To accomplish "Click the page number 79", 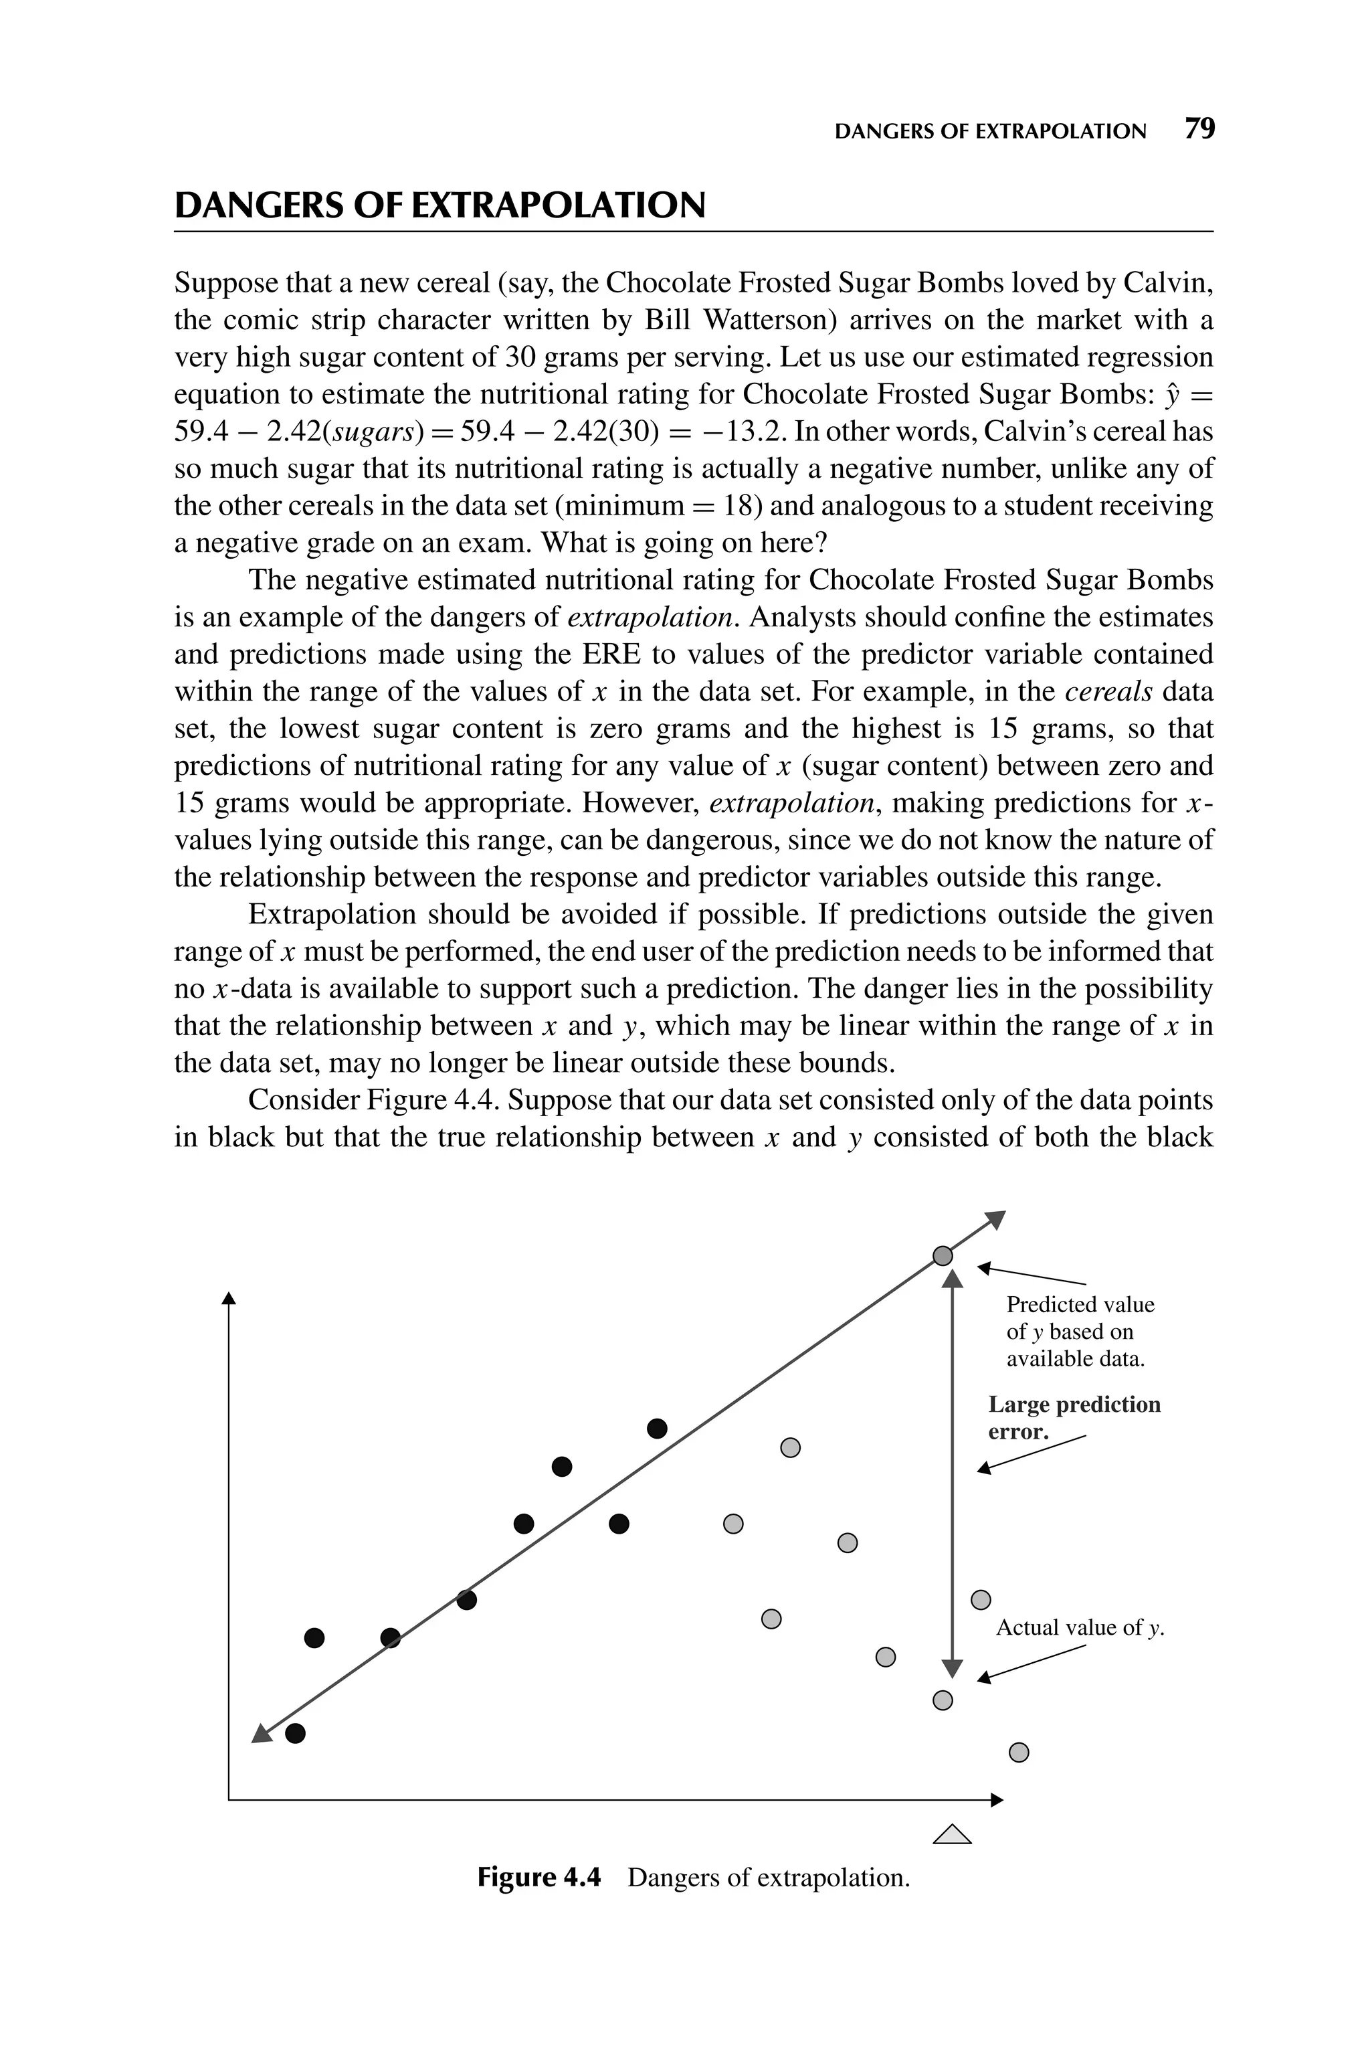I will click(1199, 129).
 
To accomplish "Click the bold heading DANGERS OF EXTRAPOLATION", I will click(439, 206).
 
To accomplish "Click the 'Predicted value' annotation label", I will click(1079, 1304).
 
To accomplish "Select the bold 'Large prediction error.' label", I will click(1073, 1417).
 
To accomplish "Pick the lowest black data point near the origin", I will click(295, 1734).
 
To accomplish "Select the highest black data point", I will click(657, 1429).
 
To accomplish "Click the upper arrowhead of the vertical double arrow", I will click(953, 1280).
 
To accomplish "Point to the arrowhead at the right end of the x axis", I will click(997, 1800).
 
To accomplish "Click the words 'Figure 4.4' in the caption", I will click(539, 1878).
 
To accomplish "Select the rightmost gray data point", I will click(1019, 1752).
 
